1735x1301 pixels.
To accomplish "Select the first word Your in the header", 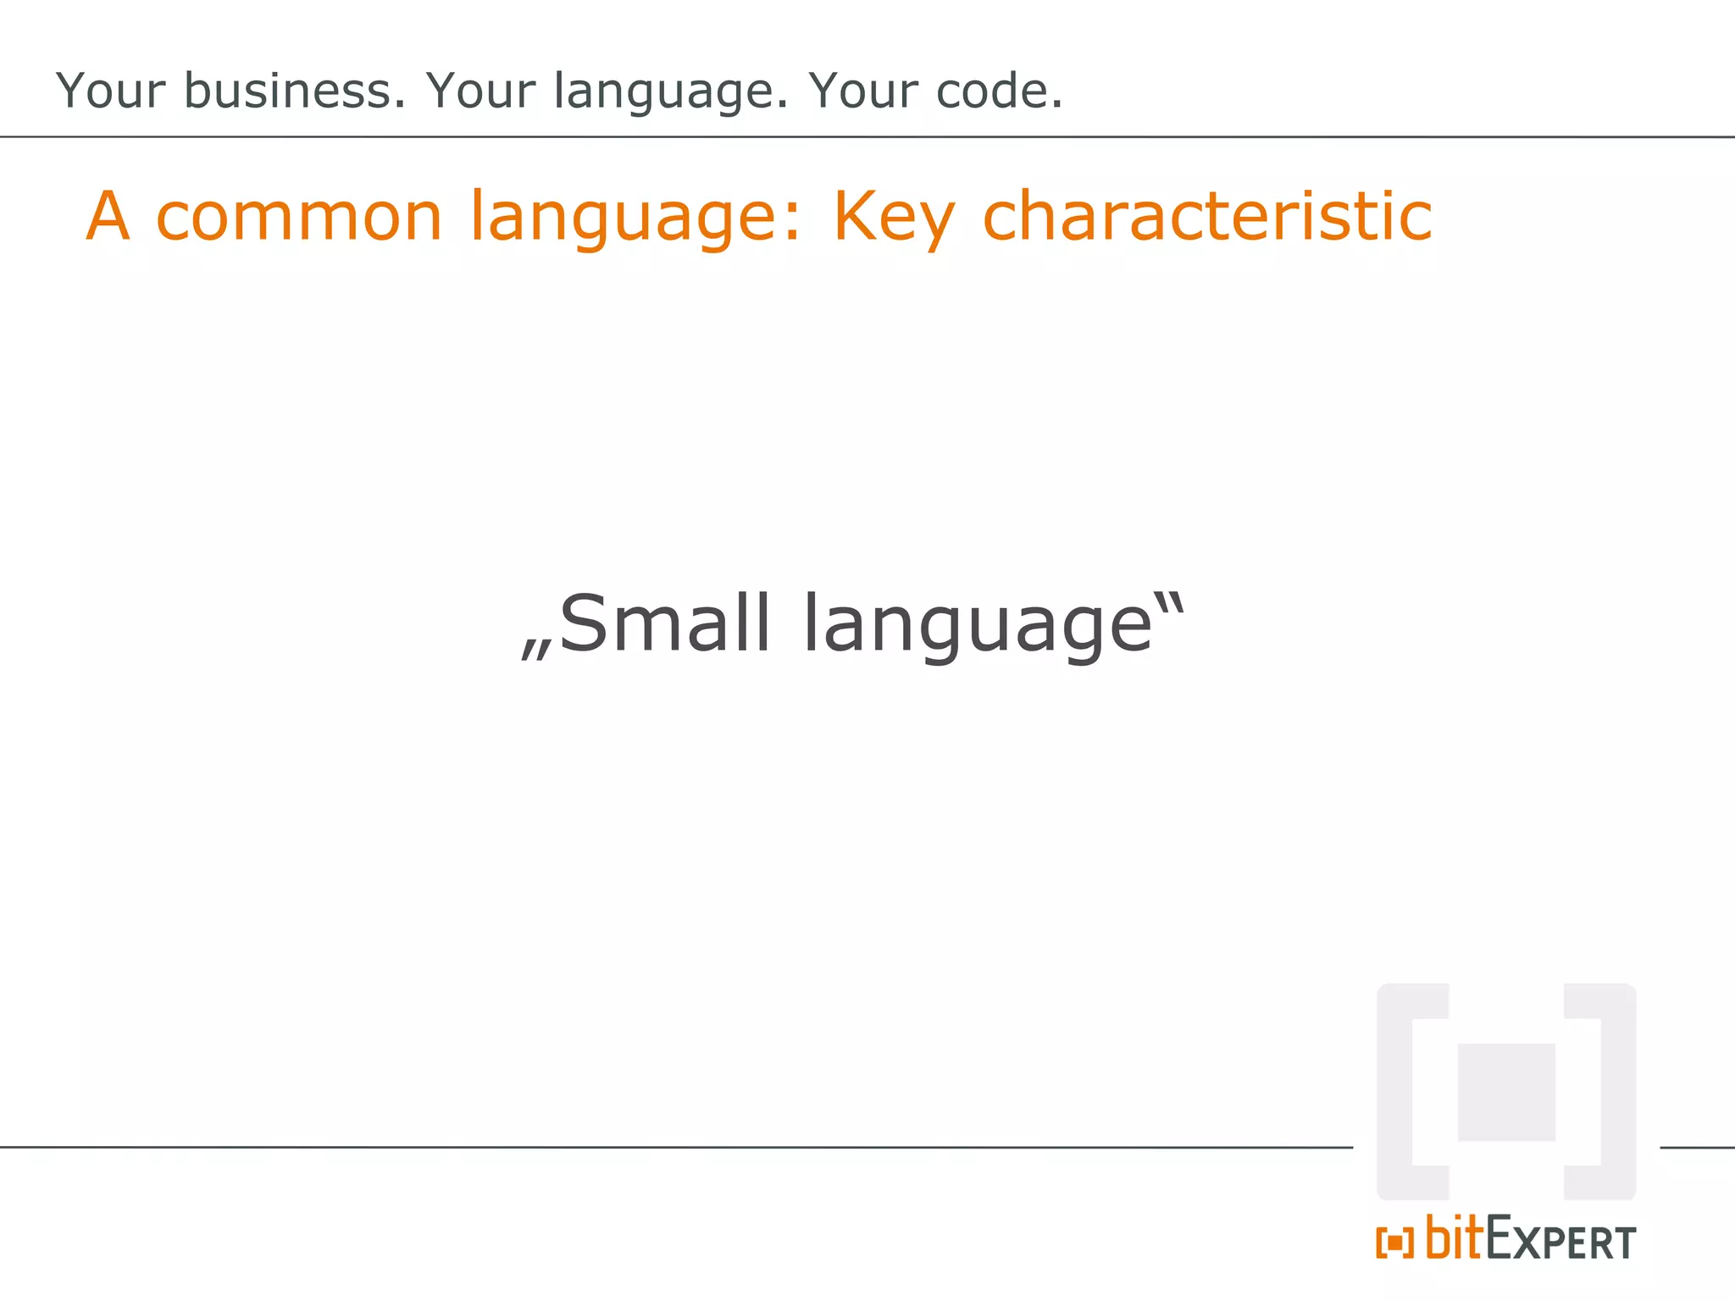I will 111,91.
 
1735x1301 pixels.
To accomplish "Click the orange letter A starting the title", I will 108,217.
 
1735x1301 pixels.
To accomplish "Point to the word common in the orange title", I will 300,217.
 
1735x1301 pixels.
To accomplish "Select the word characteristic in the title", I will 1206,217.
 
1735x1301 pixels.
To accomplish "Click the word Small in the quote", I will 665,624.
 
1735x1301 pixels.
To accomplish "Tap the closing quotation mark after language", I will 1171,603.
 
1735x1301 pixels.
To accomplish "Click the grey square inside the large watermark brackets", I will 1505,1092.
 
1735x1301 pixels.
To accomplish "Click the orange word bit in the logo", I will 1454,1238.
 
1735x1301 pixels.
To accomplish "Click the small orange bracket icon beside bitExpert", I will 1394,1243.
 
